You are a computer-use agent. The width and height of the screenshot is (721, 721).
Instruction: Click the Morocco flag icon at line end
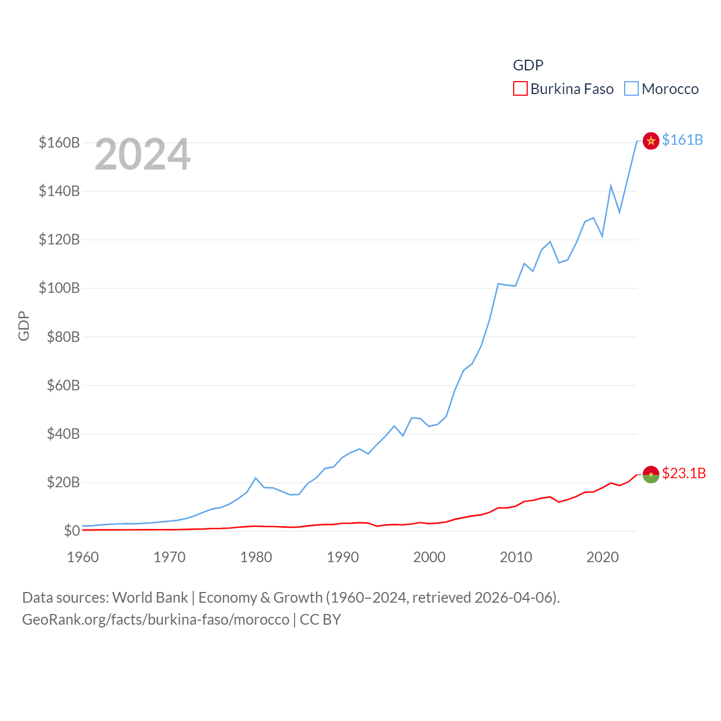tap(651, 141)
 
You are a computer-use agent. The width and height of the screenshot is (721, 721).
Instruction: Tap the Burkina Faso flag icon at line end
tap(651, 475)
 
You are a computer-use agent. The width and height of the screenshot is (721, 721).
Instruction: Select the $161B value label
tap(682, 140)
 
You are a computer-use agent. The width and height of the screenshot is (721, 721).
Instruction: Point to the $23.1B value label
tap(684, 473)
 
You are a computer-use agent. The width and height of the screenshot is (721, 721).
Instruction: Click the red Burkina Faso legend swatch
tap(520, 89)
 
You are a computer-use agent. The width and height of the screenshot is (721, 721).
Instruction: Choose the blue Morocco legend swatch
tap(631, 89)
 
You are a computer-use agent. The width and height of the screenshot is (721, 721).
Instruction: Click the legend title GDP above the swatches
tap(528, 65)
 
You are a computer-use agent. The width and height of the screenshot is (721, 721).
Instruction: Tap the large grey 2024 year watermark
tap(143, 154)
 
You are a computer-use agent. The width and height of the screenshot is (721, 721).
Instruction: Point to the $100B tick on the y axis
tap(59, 288)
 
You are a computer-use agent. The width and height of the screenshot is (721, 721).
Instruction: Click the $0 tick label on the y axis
tap(72, 531)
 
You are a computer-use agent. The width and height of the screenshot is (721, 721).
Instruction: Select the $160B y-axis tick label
tap(59, 143)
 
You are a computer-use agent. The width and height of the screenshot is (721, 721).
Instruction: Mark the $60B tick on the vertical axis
tap(59, 385)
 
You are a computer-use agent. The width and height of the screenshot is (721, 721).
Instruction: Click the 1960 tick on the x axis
tap(83, 557)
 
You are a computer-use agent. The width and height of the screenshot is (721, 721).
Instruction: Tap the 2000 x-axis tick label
tap(429, 557)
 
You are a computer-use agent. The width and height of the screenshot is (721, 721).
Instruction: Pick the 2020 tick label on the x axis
tap(603, 557)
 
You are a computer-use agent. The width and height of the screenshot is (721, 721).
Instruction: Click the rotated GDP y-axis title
tap(24, 326)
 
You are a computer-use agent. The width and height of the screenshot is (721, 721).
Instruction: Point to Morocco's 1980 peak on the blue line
tap(256, 478)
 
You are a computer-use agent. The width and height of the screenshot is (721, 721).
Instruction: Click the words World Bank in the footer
tap(150, 597)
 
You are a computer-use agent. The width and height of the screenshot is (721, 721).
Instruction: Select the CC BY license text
tap(321, 620)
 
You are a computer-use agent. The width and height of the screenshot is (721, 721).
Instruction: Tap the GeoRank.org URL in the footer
tap(155, 620)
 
